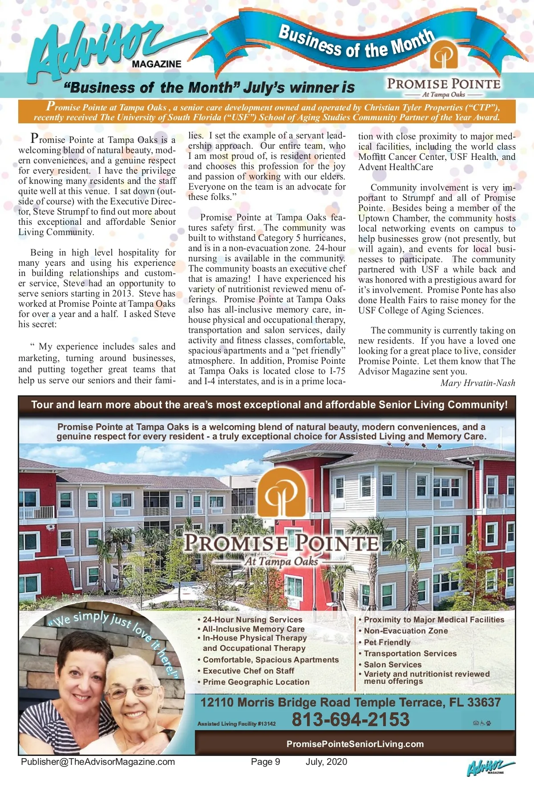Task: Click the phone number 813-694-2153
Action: (350, 719)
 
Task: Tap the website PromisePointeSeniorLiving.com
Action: (355, 744)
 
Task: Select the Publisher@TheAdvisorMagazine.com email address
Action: (98, 762)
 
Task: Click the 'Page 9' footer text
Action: (266, 762)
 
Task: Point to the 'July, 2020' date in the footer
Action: (326, 762)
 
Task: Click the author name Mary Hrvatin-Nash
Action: (477, 383)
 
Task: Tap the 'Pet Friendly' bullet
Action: (387, 642)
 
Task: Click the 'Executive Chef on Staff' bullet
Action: (248, 671)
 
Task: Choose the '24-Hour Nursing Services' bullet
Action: (252, 619)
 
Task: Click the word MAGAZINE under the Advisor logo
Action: (157, 64)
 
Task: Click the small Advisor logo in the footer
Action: (489, 768)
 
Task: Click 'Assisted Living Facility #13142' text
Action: (236, 724)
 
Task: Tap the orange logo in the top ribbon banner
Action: (443, 54)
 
